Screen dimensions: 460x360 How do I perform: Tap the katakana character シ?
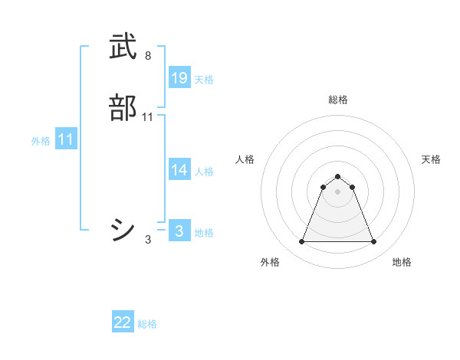[x=123, y=228]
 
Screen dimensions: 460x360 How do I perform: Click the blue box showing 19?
[x=179, y=77]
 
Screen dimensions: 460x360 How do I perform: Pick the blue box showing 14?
[x=179, y=170]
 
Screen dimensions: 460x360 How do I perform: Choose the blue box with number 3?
[x=179, y=231]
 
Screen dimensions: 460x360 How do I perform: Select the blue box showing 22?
[x=123, y=322]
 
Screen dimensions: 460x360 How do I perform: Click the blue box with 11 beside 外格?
[x=66, y=139]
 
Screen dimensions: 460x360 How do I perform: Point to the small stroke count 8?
[x=148, y=56]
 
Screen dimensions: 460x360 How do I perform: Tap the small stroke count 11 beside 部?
[x=148, y=116]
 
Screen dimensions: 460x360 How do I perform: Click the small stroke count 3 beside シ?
[x=148, y=240]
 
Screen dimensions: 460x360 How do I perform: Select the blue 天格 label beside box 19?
[x=204, y=79]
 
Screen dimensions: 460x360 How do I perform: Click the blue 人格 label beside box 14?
[x=204, y=172]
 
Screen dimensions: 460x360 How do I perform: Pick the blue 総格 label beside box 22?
[x=147, y=324]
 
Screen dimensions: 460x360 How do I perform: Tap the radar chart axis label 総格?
[x=337, y=100]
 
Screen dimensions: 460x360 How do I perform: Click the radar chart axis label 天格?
[x=431, y=159]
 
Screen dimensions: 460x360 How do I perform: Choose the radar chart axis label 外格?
[x=270, y=262]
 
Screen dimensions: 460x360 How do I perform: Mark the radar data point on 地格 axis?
[x=373, y=242]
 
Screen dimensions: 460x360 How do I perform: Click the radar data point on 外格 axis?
[x=301, y=242]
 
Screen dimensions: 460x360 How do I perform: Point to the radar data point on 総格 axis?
[x=337, y=176]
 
